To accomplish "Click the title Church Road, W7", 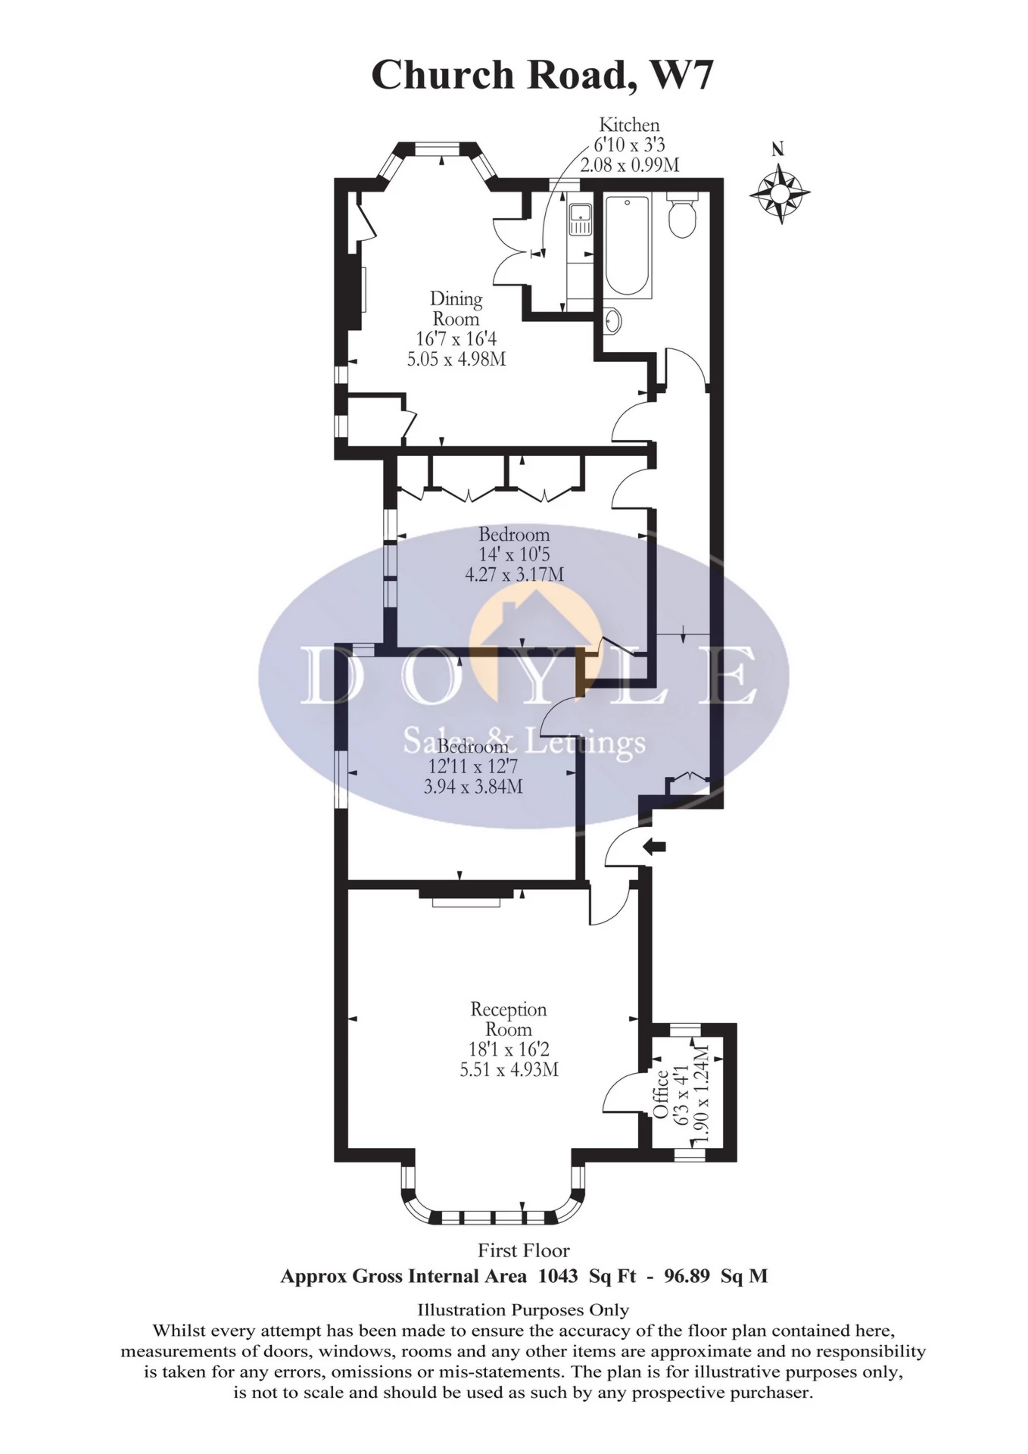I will click(x=541, y=76).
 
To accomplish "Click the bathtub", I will click(x=628, y=247).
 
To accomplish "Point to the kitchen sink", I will click(x=581, y=220).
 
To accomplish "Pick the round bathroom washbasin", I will click(x=612, y=321).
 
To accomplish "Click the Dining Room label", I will click(x=456, y=309).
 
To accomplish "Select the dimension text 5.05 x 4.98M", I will click(x=456, y=359).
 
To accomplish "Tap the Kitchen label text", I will click(x=629, y=125).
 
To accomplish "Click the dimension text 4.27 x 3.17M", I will click(x=514, y=574).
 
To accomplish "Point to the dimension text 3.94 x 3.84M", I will click(x=473, y=786).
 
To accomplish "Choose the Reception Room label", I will click(x=508, y=1019).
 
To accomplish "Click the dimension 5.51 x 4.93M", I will click(x=509, y=1069).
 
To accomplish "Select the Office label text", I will click(x=661, y=1094).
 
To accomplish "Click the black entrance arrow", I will click(x=654, y=847).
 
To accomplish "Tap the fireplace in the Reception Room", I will click(x=466, y=901).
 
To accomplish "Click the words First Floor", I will click(x=523, y=1250).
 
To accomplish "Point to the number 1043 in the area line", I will click(x=558, y=1276).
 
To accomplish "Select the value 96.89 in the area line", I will click(x=687, y=1276).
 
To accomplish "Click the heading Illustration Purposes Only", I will click(x=523, y=1309).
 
